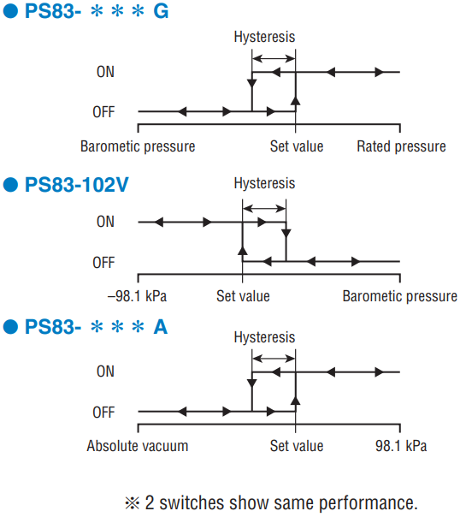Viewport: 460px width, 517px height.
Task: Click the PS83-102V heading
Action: (x=76, y=185)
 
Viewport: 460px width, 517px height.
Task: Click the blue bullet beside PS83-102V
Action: (x=10, y=184)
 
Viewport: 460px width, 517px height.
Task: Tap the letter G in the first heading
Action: (x=161, y=11)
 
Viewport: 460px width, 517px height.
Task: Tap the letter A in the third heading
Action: (x=161, y=327)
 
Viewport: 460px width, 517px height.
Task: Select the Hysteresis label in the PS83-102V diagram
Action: (x=264, y=183)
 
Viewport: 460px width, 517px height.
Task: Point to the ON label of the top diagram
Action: (x=105, y=72)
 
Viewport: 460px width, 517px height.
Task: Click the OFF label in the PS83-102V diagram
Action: (x=103, y=263)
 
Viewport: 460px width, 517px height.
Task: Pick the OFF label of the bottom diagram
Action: (x=103, y=413)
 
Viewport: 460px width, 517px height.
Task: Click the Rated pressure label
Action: (x=401, y=146)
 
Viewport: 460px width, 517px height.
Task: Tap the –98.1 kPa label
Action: (x=137, y=296)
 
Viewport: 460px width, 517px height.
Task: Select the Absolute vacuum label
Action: (x=138, y=446)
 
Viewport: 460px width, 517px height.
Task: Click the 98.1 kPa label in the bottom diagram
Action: (x=401, y=446)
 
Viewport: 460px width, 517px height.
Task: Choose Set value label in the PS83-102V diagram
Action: (x=243, y=296)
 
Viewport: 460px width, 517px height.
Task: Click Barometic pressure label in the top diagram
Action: (x=138, y=146)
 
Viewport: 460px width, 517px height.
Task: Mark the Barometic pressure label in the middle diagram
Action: (x=400, y=296)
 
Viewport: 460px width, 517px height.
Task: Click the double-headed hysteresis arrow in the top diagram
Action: (x=274, y=59)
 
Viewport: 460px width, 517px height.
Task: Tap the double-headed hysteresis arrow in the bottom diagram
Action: (x=274, y=359)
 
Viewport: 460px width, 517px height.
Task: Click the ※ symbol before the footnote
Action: (x=133, y=503)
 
